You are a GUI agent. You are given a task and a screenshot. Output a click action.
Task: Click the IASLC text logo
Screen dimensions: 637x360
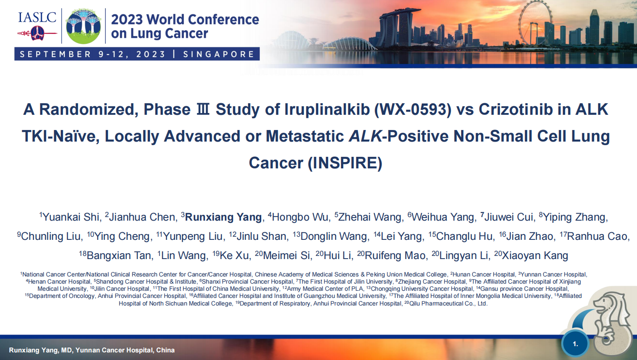[x=37, y=17]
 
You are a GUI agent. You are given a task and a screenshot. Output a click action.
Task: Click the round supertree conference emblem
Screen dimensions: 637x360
[x=83, y=26]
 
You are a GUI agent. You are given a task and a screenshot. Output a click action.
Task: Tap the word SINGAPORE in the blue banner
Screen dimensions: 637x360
[x=219, y=54]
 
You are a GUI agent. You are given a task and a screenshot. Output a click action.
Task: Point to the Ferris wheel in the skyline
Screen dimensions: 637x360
[x=535, y=23]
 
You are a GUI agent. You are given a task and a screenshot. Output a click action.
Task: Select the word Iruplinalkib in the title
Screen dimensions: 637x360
[x=327, y=109]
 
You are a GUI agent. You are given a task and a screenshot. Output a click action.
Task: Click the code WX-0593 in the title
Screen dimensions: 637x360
[x=412, y=109]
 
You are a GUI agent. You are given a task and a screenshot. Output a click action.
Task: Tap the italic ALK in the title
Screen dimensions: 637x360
[x=365, y=136]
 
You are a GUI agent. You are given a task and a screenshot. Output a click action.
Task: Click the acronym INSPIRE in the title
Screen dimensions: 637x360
[x=345, y=163]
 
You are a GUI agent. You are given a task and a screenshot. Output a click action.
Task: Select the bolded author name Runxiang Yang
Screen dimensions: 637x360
[x=223, y=217]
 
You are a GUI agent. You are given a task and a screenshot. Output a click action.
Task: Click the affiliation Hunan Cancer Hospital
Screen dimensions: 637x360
[x=483, y=274]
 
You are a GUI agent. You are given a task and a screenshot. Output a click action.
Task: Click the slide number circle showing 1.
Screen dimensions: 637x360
[x=575, y=344]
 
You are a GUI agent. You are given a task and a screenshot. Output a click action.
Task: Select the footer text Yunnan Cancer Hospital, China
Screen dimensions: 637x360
[x=125, y=350]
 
